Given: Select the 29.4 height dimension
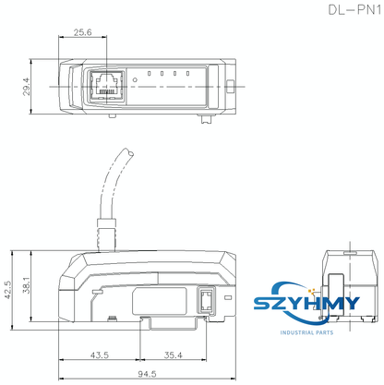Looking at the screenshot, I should coord(27,86).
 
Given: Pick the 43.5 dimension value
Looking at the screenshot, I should coord(100,355).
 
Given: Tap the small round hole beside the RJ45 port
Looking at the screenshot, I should coord(136,80).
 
